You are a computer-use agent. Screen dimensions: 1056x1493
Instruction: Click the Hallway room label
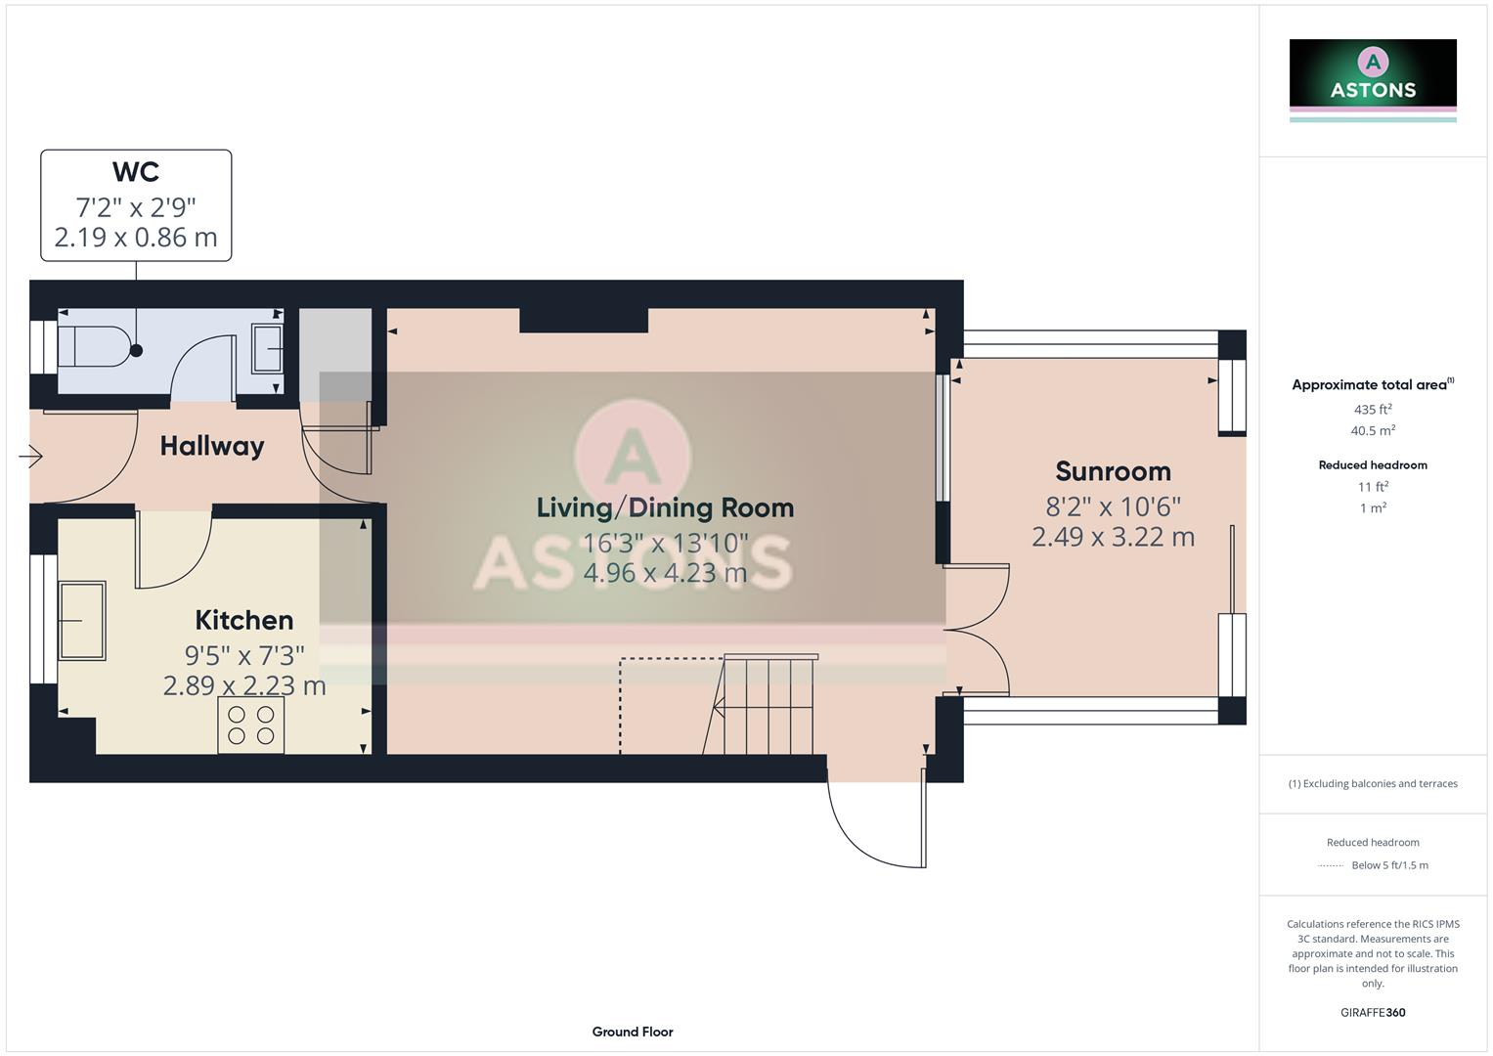pos(212,447)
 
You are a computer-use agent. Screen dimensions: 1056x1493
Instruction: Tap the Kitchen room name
pos(244,620)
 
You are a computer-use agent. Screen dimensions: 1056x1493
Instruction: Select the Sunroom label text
pos(1113,471)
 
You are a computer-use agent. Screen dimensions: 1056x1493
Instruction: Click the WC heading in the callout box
pos(136,172)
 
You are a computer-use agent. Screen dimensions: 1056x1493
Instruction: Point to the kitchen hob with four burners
pos(251,725)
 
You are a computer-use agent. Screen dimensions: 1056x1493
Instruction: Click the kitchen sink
pos(82,620)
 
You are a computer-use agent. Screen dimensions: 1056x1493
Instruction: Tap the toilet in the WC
pos(94,346)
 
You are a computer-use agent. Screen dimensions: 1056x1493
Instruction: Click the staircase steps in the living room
pos(768,704)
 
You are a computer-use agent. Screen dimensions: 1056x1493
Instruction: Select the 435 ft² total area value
pos(1373,410)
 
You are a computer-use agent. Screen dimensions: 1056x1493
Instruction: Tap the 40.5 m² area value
pos(1373,430)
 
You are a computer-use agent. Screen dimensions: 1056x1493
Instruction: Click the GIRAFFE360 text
pos(1373,1012)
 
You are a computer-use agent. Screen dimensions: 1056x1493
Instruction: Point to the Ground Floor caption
pos(633,1032)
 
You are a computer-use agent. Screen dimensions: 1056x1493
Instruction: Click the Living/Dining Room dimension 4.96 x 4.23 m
pos(665,572)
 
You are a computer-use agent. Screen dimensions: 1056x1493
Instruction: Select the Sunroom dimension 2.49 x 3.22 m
pos(1113,537)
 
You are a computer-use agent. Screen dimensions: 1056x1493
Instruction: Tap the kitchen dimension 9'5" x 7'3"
pos(244,654)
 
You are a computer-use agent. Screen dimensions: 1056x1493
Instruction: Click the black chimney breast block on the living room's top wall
pos(584,320)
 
